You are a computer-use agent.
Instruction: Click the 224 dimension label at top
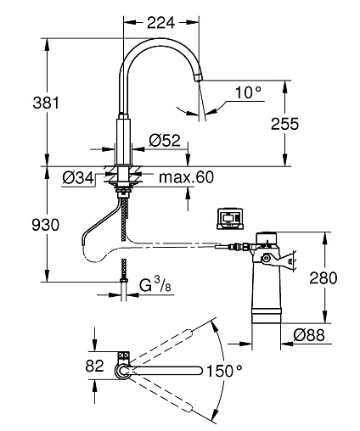click(x=160, y=22)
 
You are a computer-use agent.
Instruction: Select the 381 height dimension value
click(x=46, y=103)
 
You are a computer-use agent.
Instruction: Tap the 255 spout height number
click(x=284, y=124)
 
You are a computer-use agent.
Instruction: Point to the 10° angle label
click(x=248, y=92)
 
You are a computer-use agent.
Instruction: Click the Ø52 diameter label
click(x=165, y=140)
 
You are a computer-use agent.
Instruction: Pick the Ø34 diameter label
click(x=78, y=178)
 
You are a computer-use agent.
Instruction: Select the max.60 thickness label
click(x=186, y=177)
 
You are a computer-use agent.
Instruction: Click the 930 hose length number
click(x=45, y=226)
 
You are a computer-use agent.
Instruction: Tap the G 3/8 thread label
click(x=155, y=285)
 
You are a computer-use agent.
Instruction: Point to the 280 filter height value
click(x=323, y=277)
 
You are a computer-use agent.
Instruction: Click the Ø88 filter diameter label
click(x=309, y=335)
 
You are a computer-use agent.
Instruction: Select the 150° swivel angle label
click(x=224, y=371)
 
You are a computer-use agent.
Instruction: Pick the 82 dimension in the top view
click(x=94, y=366)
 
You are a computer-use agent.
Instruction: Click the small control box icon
click(x=230, y=219)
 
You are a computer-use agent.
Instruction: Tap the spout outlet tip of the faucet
click(x=198, y=77)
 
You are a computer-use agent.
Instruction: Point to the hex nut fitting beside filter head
click(x=245, y=247)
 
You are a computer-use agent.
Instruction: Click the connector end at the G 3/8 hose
click(x=124, y=280)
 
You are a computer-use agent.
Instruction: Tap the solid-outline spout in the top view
click(x=166, y=371)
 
